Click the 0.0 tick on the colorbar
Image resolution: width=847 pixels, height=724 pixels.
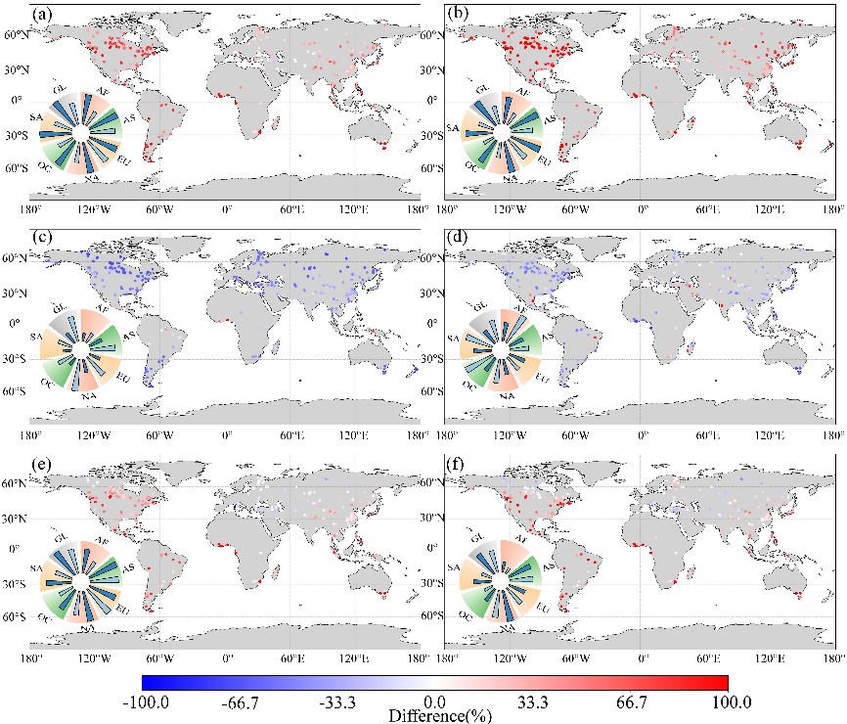tap(436, 701)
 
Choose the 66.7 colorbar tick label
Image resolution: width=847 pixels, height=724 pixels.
tap(632, 701)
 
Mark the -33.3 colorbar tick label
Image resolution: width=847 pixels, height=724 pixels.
tap(338, 701)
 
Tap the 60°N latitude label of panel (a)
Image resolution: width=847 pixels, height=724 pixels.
tap(18, 35)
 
